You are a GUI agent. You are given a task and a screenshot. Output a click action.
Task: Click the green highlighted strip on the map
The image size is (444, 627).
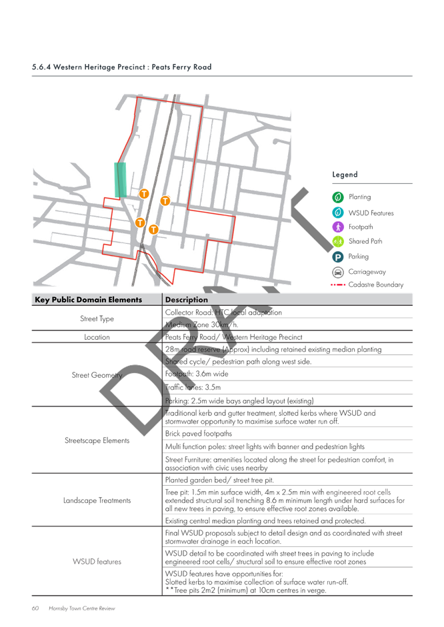(x=120, y=180)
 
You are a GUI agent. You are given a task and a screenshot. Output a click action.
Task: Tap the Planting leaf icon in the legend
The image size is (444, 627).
(x=338, y=197)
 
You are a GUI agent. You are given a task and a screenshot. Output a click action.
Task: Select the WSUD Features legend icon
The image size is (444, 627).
(x=338, y=213)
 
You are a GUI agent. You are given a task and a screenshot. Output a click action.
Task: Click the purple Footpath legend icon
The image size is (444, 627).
(x=338, y=227)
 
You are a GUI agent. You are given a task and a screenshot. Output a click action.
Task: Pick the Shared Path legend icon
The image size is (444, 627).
(x=338, y=241)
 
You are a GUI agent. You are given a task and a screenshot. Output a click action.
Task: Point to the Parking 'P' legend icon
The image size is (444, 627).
(x=338, y=257)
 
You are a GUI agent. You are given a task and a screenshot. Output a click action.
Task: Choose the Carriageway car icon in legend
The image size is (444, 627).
(x=338, y=272)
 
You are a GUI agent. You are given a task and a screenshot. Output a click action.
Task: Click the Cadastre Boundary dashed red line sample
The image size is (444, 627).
(x=338, y=285)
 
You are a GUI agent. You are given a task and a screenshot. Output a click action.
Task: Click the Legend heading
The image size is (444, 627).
(x=345, y=175)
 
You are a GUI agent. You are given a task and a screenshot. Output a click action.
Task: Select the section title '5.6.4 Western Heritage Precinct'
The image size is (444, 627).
(x=89, y=67)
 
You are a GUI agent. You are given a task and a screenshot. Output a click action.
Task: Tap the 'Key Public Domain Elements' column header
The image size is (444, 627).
(x=89, y=299)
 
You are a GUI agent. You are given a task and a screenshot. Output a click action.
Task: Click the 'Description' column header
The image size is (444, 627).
(x=187, y=299)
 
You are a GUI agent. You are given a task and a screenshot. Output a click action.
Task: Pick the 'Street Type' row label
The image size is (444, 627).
(x=97, y=318)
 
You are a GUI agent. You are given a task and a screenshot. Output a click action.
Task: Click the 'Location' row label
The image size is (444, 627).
(x=97, y=337)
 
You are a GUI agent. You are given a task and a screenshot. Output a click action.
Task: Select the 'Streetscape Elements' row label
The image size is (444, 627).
(x=97, y=440)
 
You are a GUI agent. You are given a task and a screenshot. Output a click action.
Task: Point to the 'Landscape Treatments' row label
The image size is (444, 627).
(x=97, y=500)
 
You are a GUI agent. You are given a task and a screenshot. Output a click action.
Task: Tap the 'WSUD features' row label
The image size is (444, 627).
(x=97, y=562)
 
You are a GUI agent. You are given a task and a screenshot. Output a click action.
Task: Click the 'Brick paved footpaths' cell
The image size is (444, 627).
(x=199, y=434)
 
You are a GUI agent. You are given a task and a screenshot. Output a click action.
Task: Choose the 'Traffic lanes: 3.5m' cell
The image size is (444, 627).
(x=193, y=387)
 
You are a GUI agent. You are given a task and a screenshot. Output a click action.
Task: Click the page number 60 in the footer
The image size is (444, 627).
(x=35, y=608)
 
